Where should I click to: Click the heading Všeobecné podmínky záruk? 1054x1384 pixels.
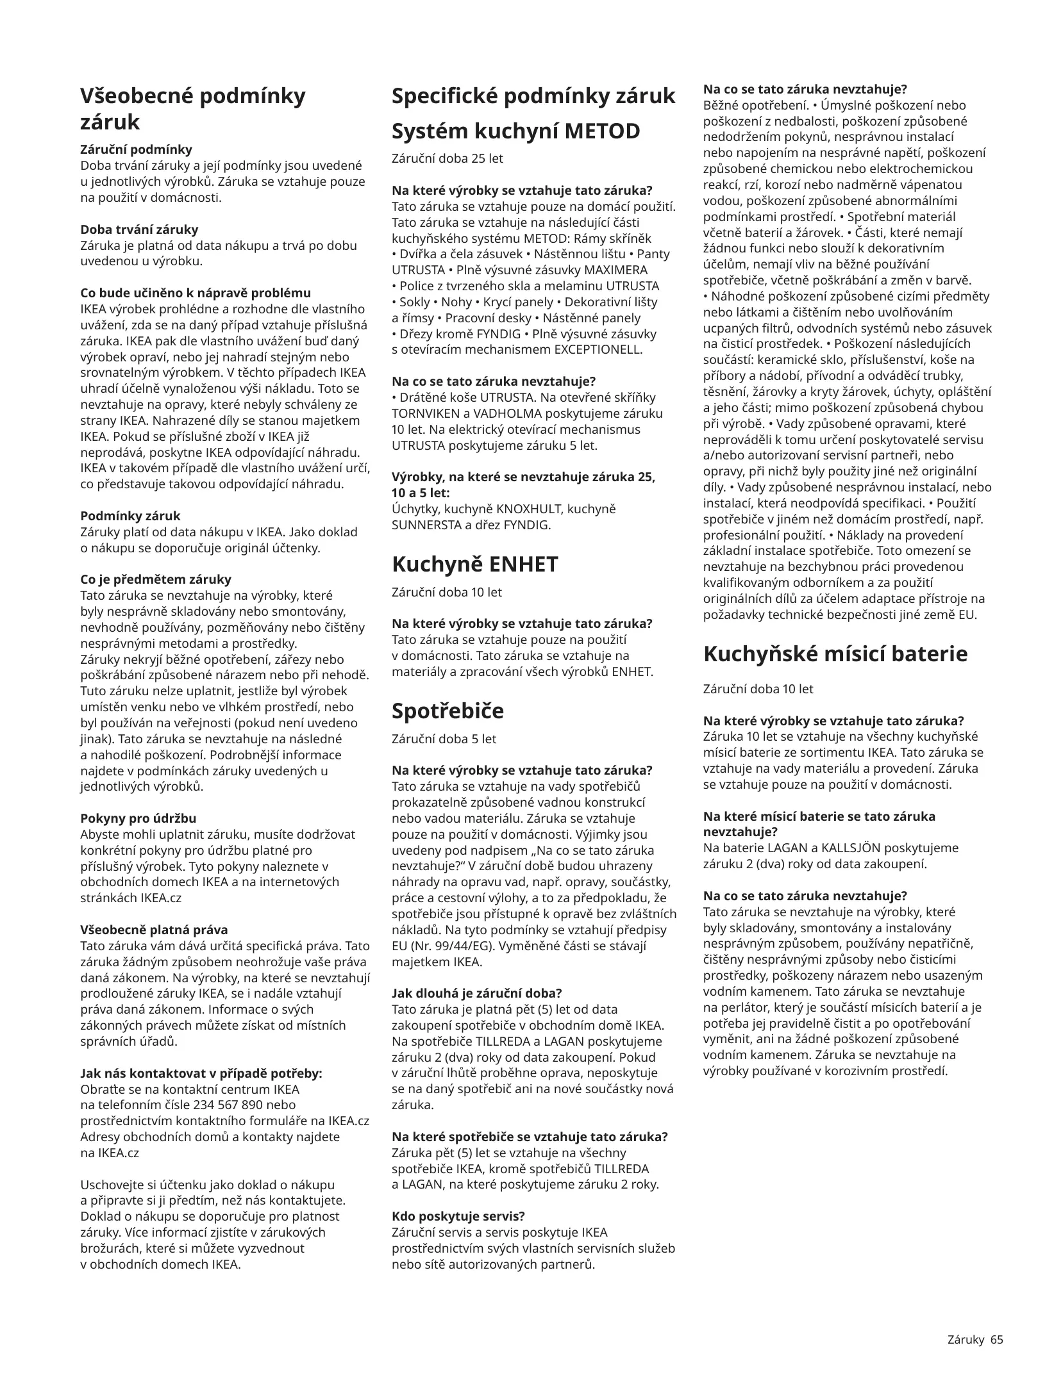click(x=192, y=108)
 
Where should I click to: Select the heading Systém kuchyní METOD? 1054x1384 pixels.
click(x=515, y=131)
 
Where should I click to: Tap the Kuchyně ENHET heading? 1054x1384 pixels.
click(x=474, y=564)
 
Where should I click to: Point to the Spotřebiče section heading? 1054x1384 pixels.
click(x=448, y=711)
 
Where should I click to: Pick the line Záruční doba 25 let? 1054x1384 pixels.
click(x=447, y=158)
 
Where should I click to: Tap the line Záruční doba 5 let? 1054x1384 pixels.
click(x=444, y=739)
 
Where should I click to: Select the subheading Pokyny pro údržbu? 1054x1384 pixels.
click(x=138, y=818)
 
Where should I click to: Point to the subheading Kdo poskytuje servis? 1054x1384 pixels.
click(x=458, y=1216)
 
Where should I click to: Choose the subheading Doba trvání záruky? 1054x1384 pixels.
click(x=139, y=229)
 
